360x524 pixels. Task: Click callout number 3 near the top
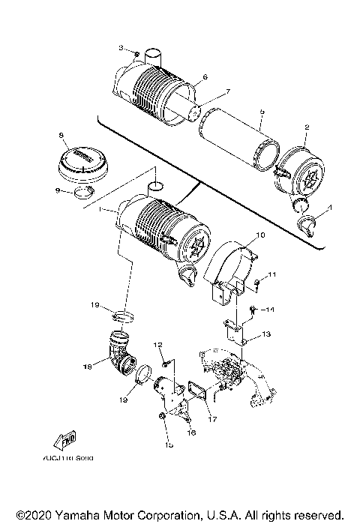(x=121, y=48)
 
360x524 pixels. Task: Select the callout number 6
(x=205, y=77)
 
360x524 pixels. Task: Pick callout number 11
(x=274, y=275)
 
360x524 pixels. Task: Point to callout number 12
(x=160, y=344)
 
